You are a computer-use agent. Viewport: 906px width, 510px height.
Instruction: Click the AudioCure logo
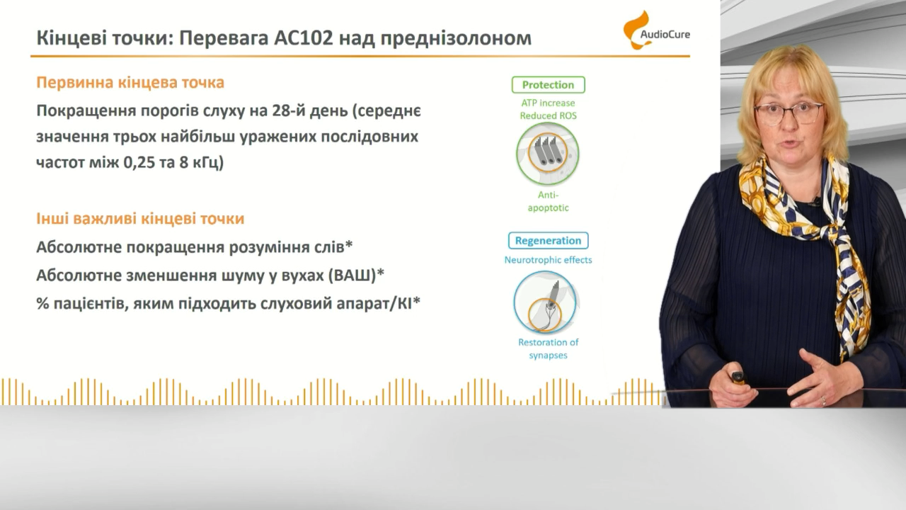tap(656, 30)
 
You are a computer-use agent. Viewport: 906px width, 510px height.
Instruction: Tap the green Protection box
tap(548, 84)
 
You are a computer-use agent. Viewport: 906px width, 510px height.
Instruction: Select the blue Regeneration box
tap(548, 240)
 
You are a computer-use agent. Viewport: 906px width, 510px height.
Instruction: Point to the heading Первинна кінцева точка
tap(130, 82)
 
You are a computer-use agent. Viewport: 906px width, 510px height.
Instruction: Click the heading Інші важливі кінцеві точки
tap(140, 219)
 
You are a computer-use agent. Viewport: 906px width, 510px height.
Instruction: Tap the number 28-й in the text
tap(288, 110)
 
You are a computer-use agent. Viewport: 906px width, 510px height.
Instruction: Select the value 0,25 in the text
tap(139, 162)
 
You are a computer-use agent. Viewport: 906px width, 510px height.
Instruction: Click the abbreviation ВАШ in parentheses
tap(351, 276)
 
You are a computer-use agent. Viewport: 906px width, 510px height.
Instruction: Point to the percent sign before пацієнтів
tap(42, 303)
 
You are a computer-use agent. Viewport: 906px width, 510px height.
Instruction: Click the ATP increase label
tap(548, 103)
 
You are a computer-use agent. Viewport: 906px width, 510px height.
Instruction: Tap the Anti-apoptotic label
tap(548, 201)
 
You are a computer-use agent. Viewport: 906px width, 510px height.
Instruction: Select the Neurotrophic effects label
tap(548, 260)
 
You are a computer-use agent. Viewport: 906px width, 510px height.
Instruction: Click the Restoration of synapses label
tap(548, 348)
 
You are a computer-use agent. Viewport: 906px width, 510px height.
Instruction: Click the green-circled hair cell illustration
tap(548, 154)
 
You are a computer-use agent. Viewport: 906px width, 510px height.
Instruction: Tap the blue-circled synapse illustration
tap(545, 302)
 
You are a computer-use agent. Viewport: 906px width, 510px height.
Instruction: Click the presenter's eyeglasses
tap(789, 113)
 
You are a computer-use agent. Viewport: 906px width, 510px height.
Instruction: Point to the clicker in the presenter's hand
tap(738, 378)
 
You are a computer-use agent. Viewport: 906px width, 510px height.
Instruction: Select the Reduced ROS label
tap(548, 115)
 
